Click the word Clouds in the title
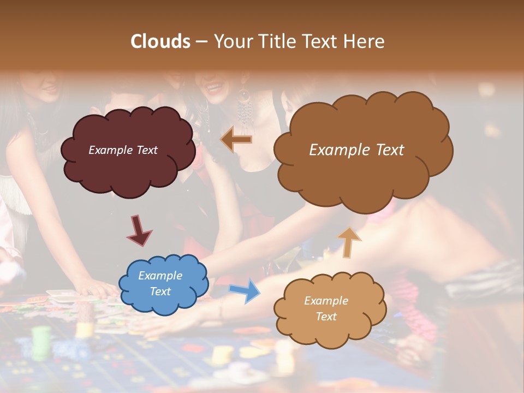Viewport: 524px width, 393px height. pos(160,41)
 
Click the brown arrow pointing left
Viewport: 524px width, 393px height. pos(236,139)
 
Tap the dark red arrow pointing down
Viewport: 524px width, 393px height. pos(139,230)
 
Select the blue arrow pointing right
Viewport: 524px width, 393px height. pos(245,290)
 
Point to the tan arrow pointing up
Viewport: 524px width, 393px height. pos(349,241)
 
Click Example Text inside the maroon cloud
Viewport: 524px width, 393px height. pos(123,150)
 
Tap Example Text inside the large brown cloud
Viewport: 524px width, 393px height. pos(356,150)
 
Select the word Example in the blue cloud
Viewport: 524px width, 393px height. pos(160,276)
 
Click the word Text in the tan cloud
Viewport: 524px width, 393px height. pos(326,317)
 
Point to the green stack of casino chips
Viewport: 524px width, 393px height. pos(41,343)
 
